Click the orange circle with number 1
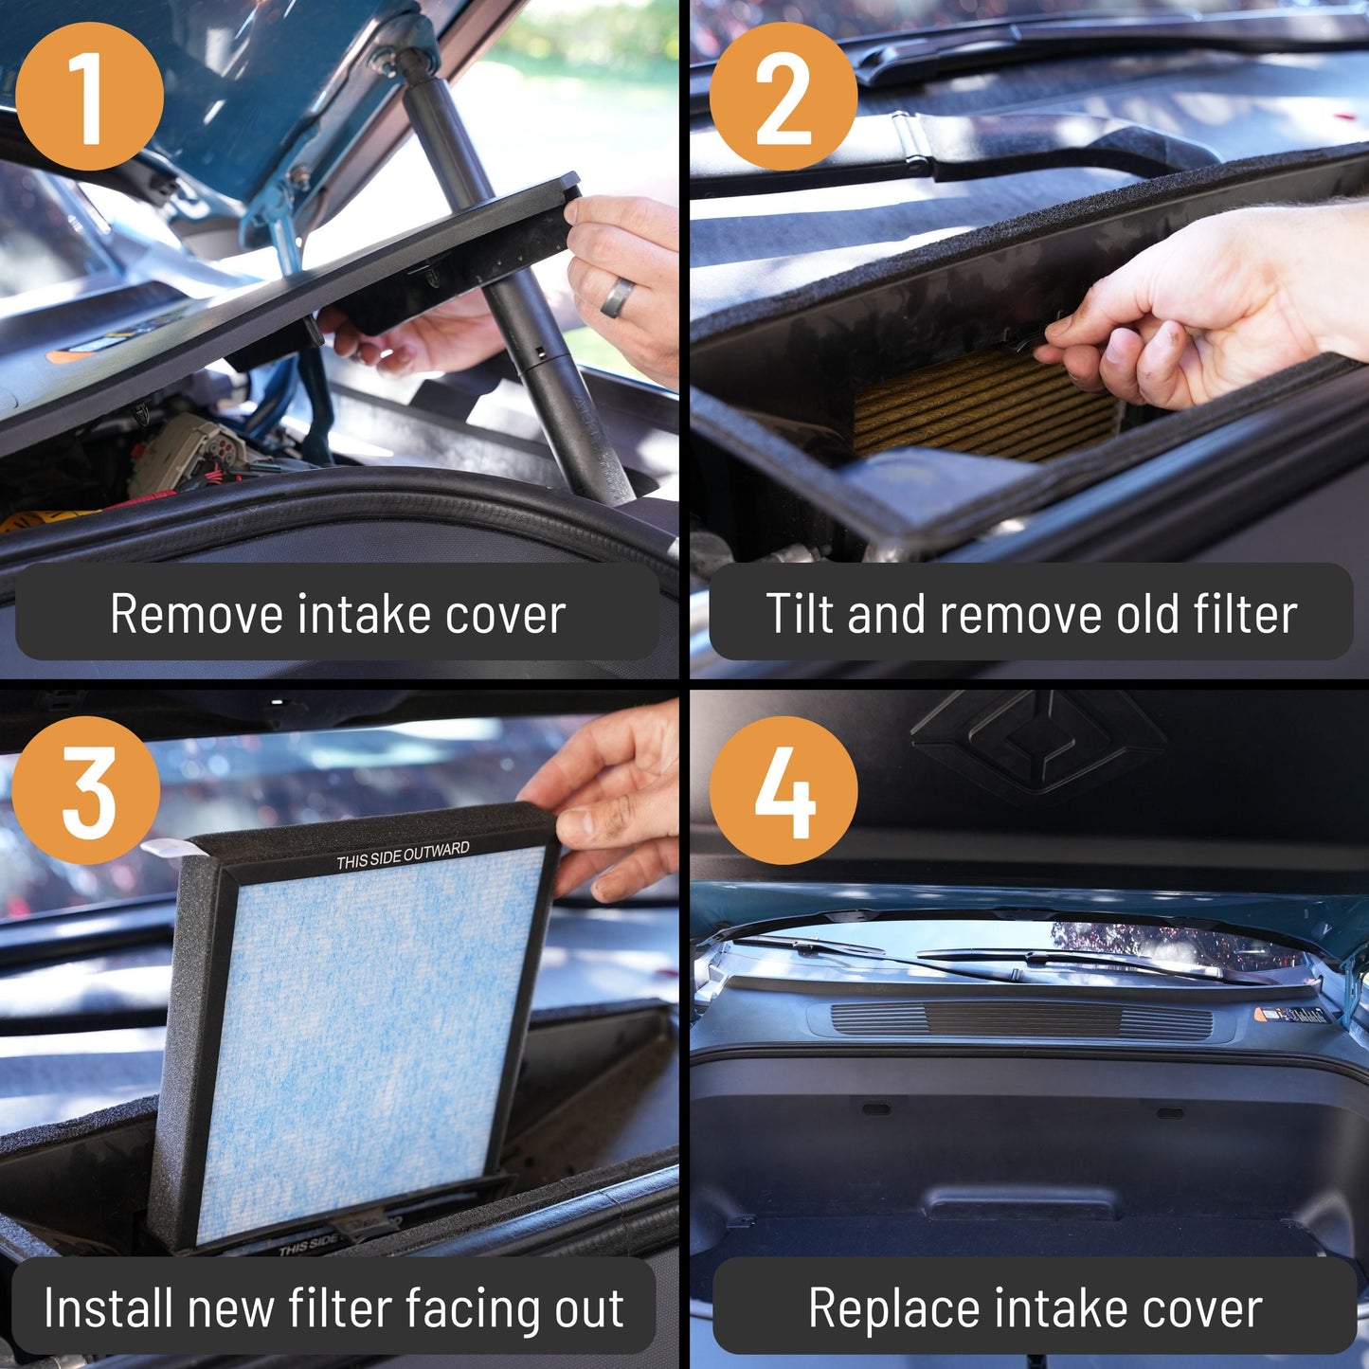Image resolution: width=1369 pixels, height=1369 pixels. tap(89, 97)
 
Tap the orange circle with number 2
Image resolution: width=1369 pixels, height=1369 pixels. tap(783, 97)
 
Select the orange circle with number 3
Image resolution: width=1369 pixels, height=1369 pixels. tap(86, 790)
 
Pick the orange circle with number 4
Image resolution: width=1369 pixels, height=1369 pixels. tap(783, 790)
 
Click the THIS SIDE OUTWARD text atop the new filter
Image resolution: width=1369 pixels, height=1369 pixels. tap(403, 856)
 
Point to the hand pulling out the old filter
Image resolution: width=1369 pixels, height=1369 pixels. tap(1194, 303)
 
